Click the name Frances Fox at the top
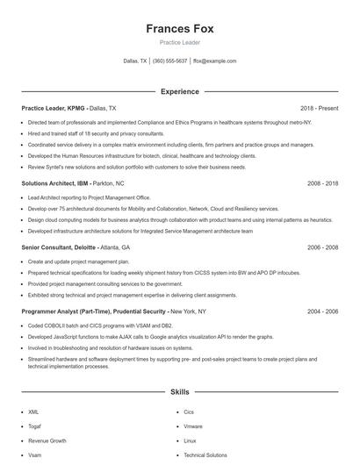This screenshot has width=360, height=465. pyautogui.click(x=179, y=28)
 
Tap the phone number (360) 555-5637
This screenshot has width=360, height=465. pyautogui.click(x=170, y=61)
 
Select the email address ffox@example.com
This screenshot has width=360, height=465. pyautogui.click(x=215, y=61)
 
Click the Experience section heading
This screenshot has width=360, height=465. pyautogui.click(x=179, y=91)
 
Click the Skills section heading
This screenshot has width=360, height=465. pyautogui.click(x=179, y=393)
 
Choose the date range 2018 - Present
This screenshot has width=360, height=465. pyautogui.click(x=319, y=108)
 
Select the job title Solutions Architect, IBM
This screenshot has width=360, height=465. pyautogui.click(x=54, y=183)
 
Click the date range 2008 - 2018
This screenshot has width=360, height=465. pyautogui.click(x=323, y=183)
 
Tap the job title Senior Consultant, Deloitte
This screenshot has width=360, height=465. pyautogui.click(x=57, y=247)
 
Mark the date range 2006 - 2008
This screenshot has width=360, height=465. pyautogui.click(x=323, y=247)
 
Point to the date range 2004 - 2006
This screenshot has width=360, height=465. pyautogui.click(x=323, y=311)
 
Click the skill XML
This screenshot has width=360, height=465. pyautogui.click(x=33, y=411)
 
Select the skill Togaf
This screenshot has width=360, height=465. pyautogui.click(x=34, y=426)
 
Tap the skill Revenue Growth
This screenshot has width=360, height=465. pyautogui.click(x=47, y=440)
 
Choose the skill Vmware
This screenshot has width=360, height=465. pyautogui.click(x=193, y=426)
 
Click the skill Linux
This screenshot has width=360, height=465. pyautogui.click(x=190, y=440)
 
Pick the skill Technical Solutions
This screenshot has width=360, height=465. pyautogui.click(x=205, y=455)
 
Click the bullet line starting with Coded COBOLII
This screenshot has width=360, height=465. pyautogui.click(x=97, y=325)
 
